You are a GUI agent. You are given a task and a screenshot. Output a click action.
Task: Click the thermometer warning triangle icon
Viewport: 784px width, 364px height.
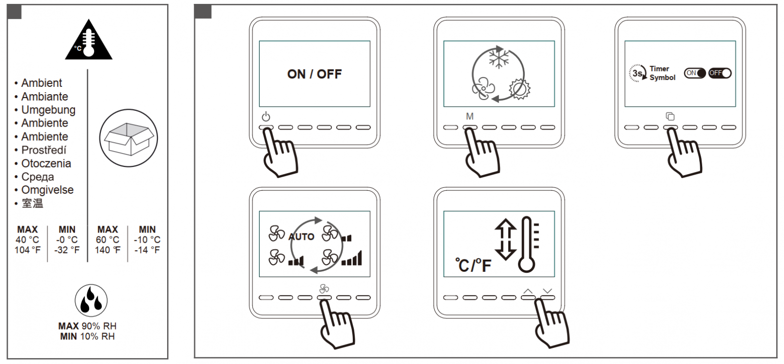89,40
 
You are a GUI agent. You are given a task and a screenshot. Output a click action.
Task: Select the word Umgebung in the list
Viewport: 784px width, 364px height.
49,110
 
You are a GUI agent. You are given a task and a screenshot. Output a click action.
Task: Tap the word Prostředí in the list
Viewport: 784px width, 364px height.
44,150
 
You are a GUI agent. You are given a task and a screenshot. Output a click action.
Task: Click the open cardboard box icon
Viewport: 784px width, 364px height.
129,138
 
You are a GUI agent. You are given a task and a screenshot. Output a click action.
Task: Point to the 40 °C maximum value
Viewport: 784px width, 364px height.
27,239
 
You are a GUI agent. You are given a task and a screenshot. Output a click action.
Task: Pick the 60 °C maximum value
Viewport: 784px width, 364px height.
107,239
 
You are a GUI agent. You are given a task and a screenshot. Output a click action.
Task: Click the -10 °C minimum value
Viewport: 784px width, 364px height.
147,239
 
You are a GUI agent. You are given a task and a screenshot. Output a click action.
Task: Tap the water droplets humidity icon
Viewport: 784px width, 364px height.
91,300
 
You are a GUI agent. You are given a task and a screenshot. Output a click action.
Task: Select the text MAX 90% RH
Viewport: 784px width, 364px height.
88,326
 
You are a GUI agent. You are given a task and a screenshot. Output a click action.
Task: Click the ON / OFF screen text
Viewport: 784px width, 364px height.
314,74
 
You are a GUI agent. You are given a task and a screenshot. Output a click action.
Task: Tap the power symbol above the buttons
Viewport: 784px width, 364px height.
266,116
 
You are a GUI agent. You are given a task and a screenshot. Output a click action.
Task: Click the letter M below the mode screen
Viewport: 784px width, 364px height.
470,116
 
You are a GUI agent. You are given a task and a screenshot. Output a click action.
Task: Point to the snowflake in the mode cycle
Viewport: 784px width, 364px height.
498,58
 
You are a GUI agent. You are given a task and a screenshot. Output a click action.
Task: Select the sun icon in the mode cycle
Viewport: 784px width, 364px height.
519,89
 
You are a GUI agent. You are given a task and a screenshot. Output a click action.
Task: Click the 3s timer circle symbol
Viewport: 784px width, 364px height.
637,73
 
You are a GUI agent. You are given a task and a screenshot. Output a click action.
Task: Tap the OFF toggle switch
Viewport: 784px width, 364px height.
720,73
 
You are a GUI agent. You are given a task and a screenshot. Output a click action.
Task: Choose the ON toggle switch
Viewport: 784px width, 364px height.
695,73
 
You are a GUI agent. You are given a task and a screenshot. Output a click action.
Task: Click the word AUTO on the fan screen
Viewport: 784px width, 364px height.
301,237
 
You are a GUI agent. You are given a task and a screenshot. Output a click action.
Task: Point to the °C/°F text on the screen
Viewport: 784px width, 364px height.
473,265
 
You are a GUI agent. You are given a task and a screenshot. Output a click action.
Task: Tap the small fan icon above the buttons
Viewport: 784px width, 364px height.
324,288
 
